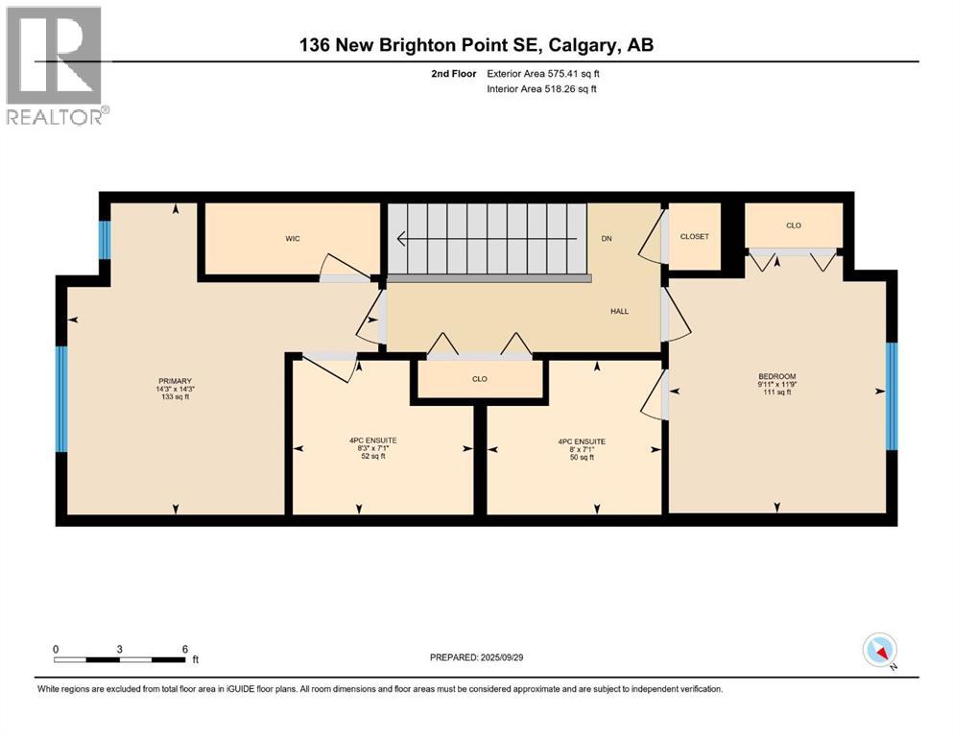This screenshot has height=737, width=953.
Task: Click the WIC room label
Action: (x=293, y=239)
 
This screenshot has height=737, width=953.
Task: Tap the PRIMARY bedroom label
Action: (x=175, y=381)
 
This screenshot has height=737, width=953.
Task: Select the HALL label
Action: (x=619, y=311)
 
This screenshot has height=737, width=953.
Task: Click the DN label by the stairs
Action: (x=607, y=239)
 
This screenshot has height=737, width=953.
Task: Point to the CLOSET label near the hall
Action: (x=694, y=236)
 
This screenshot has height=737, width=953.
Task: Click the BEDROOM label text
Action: (x=777, y=376)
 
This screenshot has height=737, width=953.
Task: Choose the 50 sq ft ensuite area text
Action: (x=583, y=458)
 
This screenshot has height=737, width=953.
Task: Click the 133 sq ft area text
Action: (x=175, y=397)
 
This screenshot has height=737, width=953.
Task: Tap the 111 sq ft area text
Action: (x=777, y=392)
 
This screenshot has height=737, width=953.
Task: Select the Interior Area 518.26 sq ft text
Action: (x=542, y=89)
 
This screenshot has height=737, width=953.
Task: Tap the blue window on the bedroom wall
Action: (x=891, y=395)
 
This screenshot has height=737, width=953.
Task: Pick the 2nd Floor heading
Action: (x=454, y=73)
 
